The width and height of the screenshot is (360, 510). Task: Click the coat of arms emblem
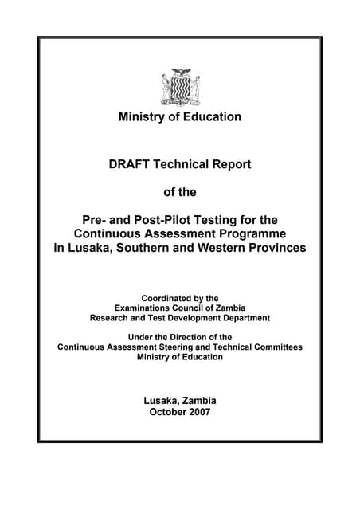(179, 87)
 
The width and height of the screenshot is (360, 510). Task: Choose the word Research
(113, 317)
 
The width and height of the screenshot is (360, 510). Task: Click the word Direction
(186, 337)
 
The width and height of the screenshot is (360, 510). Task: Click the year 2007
(198, 412)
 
